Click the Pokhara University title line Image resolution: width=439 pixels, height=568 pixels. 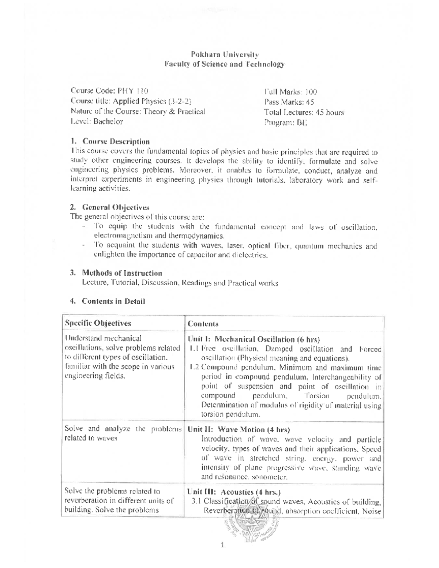pyautogui.click(x=225, y=54)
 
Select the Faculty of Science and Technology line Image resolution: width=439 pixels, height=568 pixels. pyautogui.click(x=225, y=64)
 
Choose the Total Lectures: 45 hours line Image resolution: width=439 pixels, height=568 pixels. pyautogui.click(x=304, y=113)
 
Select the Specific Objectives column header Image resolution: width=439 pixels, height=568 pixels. pyautogui.click(x=98, y=323)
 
